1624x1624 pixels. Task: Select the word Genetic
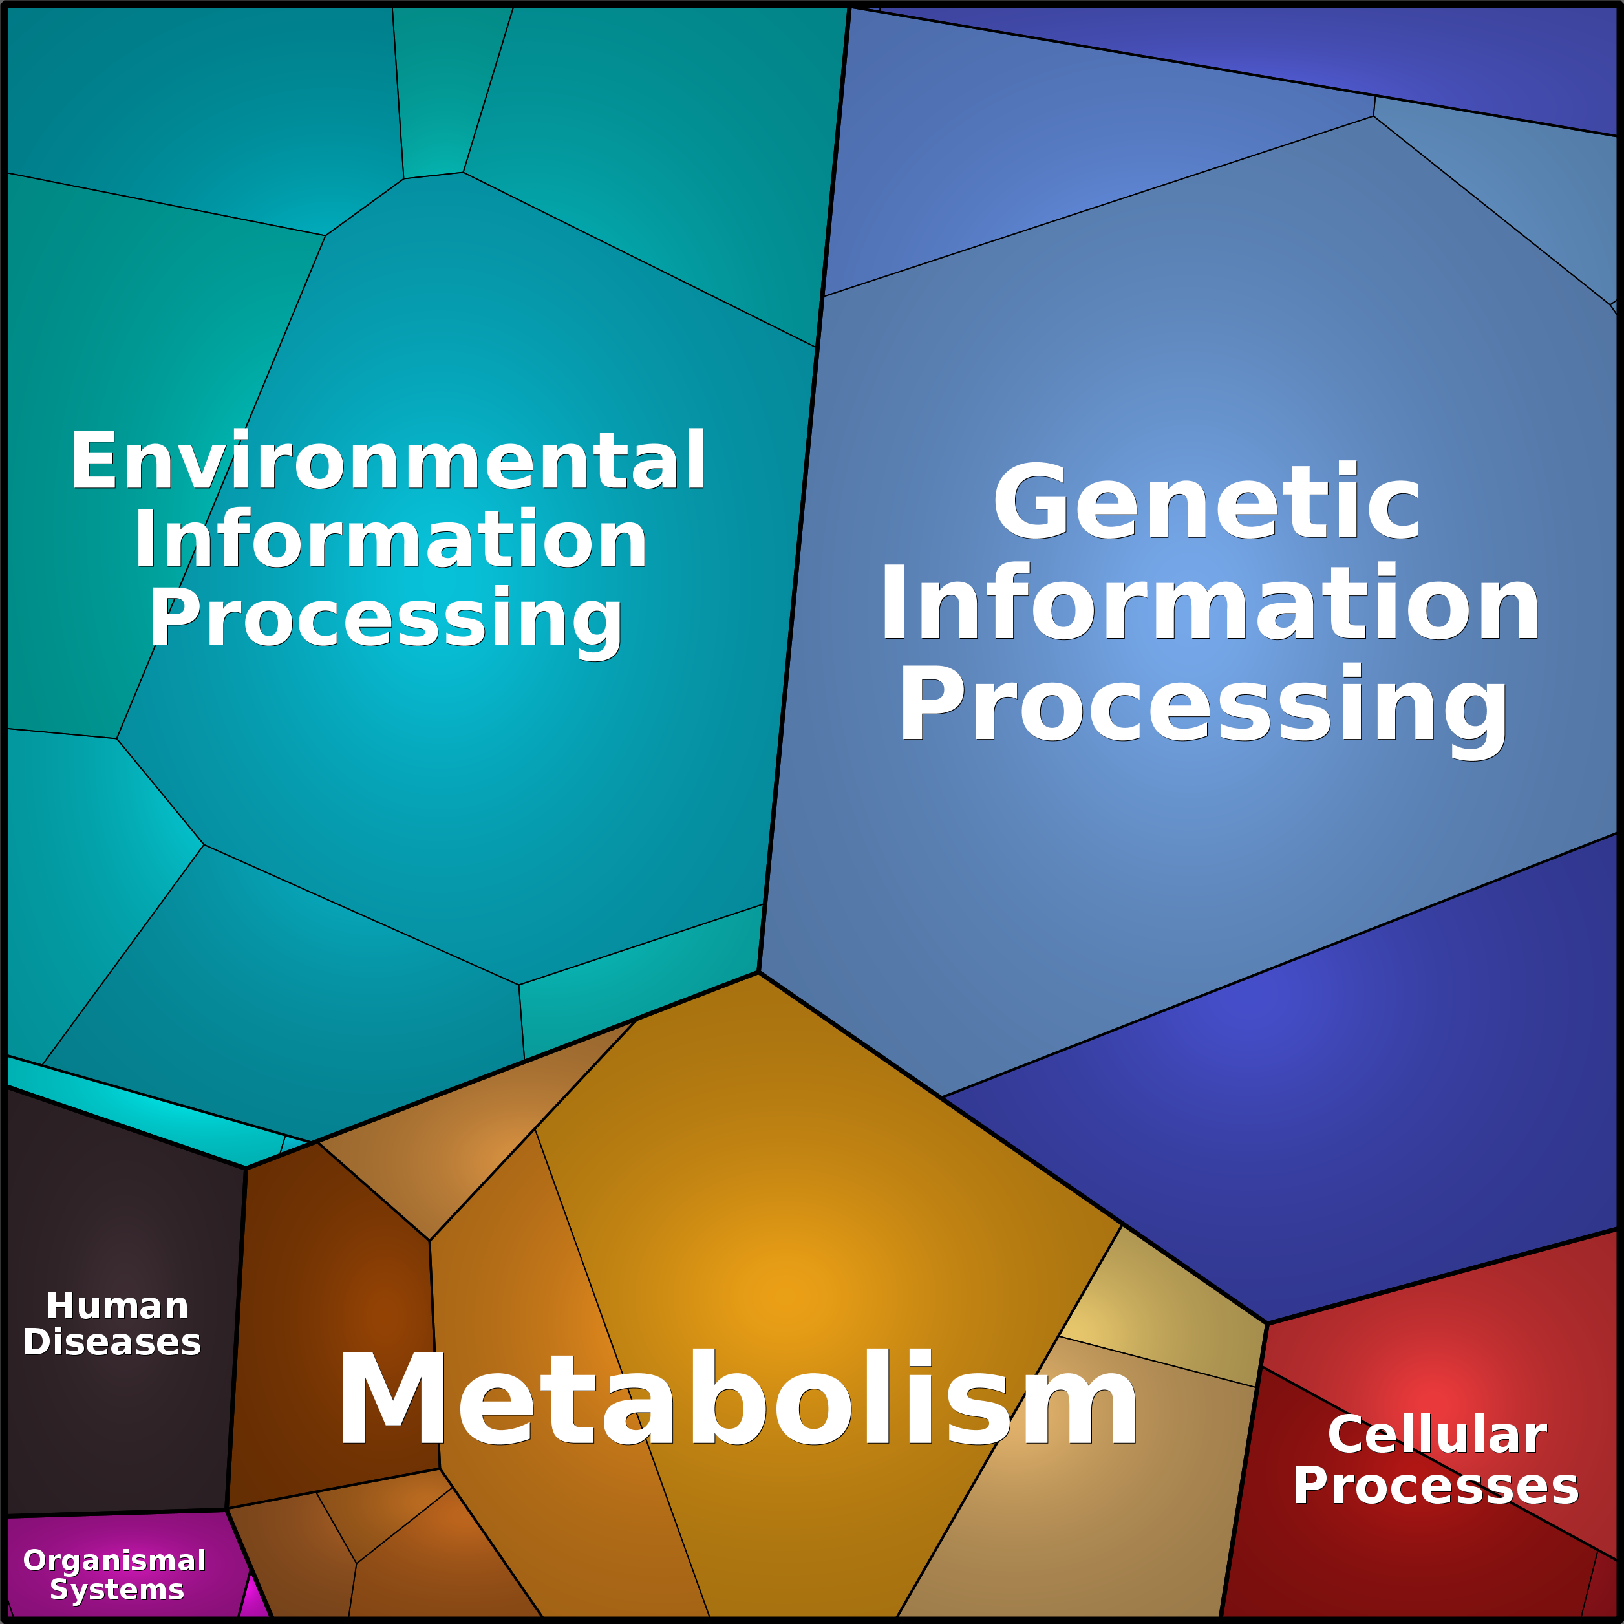[1207, 502]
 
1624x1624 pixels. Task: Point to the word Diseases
[112, 1342]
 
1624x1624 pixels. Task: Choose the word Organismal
[114, 1560]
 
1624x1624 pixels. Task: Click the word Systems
[117, 1590]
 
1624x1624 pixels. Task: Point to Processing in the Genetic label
[1203, 705]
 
